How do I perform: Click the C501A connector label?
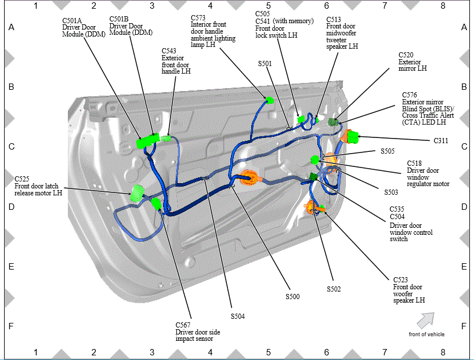tap(84, 27)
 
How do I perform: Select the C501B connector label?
tap(131, 26)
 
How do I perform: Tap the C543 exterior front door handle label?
tap(176, 61)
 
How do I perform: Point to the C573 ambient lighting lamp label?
tap(213, 31)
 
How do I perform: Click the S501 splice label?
tap(265, 64)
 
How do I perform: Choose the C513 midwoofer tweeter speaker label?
tap(342, 33)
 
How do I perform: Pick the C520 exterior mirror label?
tap(413, 61)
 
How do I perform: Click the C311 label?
tap(441, 141)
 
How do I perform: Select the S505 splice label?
tap(388, 151)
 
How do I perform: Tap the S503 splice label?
tap(391, 192)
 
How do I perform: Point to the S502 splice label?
tap(334, 289)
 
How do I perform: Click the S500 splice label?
tap(292, 297)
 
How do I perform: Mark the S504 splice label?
tap(238, 316)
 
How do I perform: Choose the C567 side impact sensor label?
tap(198, 332)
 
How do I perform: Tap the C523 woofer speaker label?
tap(408, 290)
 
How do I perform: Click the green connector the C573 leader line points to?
tap(269, 100)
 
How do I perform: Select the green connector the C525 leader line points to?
tap(138, 192)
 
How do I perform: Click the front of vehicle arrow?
tap(426, 321)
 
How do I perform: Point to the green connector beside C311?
tap(353, 137)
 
